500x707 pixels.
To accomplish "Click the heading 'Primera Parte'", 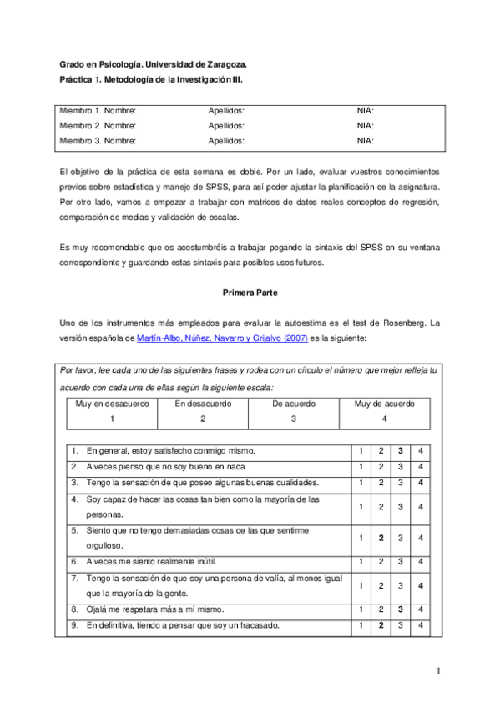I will coord(250,293).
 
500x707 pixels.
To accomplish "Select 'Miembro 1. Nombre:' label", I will coord(98,110).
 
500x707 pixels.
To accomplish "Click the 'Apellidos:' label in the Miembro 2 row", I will coord(225,125).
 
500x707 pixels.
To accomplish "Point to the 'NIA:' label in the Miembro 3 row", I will coord(365,141).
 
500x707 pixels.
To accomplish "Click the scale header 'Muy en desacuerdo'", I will coord(112,404).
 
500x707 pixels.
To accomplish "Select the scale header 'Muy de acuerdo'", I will coord(384,404).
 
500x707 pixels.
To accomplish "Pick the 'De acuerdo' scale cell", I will coord(294,404).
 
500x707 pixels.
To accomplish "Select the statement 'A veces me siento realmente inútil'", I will coord(157,562).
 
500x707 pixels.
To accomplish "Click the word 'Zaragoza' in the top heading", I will coord(225,63).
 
